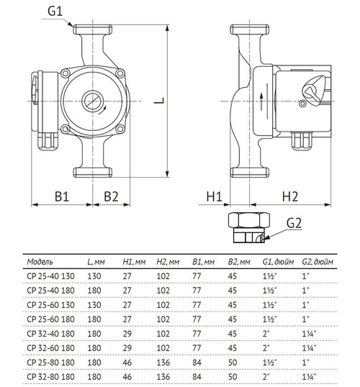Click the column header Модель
click(39, 260)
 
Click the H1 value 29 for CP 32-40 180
click(128, 332)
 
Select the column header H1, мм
click(132, 260)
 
